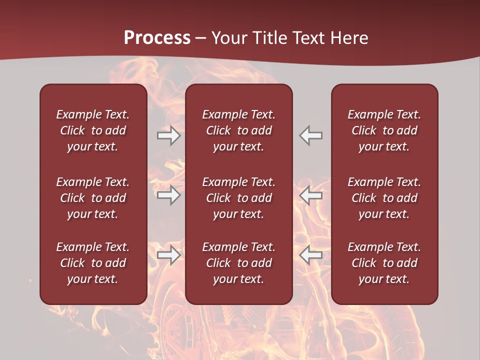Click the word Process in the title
point(157,38)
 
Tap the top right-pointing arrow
point(168,135)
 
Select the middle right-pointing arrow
point(168,195)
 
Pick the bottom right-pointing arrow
point(168,255)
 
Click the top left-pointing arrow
point(311,135)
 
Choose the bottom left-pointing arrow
point(311,255)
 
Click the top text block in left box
point(93,130)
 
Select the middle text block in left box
point(93,198)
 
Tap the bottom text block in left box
point(93,263)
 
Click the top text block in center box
point(239,130)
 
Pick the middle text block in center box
point(239,198)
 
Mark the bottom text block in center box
point(239,263)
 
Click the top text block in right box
point(384,130)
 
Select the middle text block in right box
point(384,198)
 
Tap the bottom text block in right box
point(384,263)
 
